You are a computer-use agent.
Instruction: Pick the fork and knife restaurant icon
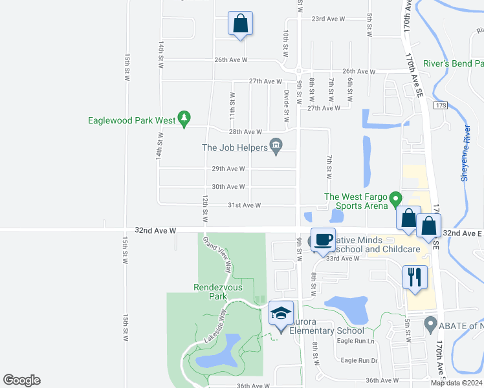(x=415, y=277)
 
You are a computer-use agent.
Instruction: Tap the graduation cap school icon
(x=280, y=314)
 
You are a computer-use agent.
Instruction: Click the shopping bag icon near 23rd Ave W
(x=240, y=23)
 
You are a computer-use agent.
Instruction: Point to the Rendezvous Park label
(x=210, y=292)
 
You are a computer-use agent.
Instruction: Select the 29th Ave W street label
(x=228, y=169)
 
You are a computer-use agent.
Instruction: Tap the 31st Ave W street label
(x=244, y=205)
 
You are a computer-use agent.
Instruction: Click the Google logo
(x=21, y=380)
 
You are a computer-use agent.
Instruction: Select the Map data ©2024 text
(x=456, y=383)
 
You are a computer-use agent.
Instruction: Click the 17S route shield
(x=441, y=105)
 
